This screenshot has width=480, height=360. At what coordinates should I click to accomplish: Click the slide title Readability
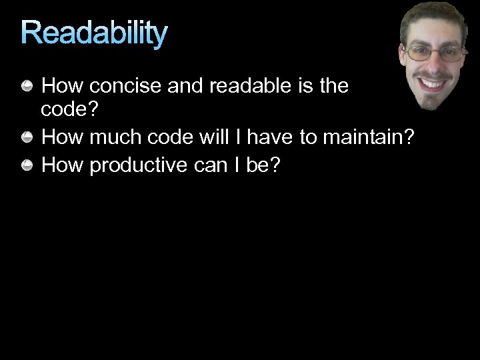coord(94,33)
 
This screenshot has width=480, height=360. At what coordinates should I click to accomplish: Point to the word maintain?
coord(369,138)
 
